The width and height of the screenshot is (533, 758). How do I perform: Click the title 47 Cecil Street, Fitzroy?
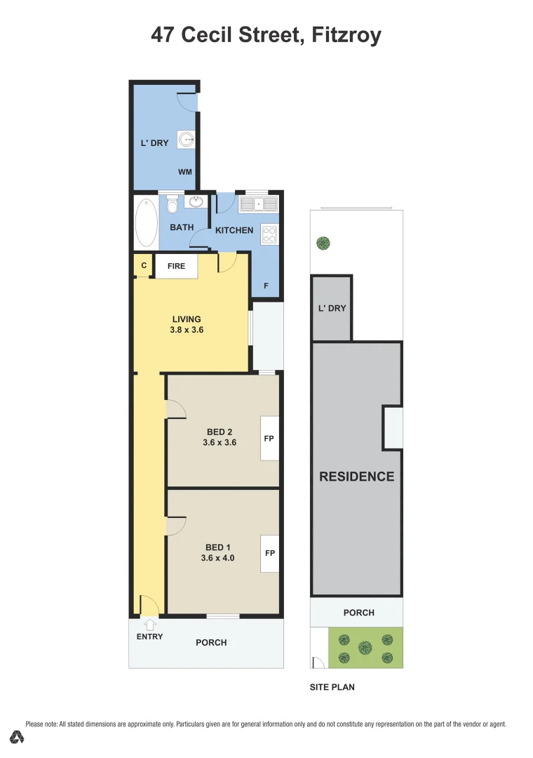[x=266, y=35]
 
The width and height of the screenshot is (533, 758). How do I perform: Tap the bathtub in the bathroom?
[x=146, y=222]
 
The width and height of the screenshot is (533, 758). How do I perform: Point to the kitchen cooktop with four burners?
[x=269, y=234]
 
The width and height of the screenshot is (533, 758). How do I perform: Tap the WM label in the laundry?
[x=184, y=172]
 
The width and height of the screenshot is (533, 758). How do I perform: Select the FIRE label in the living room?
[x=176, y=266]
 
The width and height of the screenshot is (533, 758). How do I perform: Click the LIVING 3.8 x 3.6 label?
[x=187, y=324]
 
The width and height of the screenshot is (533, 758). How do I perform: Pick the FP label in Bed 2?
[x=269, y=438]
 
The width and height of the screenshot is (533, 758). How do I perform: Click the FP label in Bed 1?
[x=269, y=553]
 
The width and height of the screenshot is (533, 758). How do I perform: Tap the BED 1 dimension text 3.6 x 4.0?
[x=218, y=559]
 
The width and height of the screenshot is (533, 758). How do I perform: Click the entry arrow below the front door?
[x=149, y=623]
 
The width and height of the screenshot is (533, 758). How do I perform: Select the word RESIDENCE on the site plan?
[x=357, y=477]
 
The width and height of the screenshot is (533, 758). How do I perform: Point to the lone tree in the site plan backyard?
[x=323, y=244]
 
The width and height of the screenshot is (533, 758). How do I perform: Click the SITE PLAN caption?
[x=332, y=687]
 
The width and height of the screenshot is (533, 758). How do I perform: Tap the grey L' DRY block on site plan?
[x=332, y=307]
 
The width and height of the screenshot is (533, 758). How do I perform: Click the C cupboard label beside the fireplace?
[x=144, y=266]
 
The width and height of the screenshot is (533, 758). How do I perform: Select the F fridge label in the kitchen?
[x=266, y=286]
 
